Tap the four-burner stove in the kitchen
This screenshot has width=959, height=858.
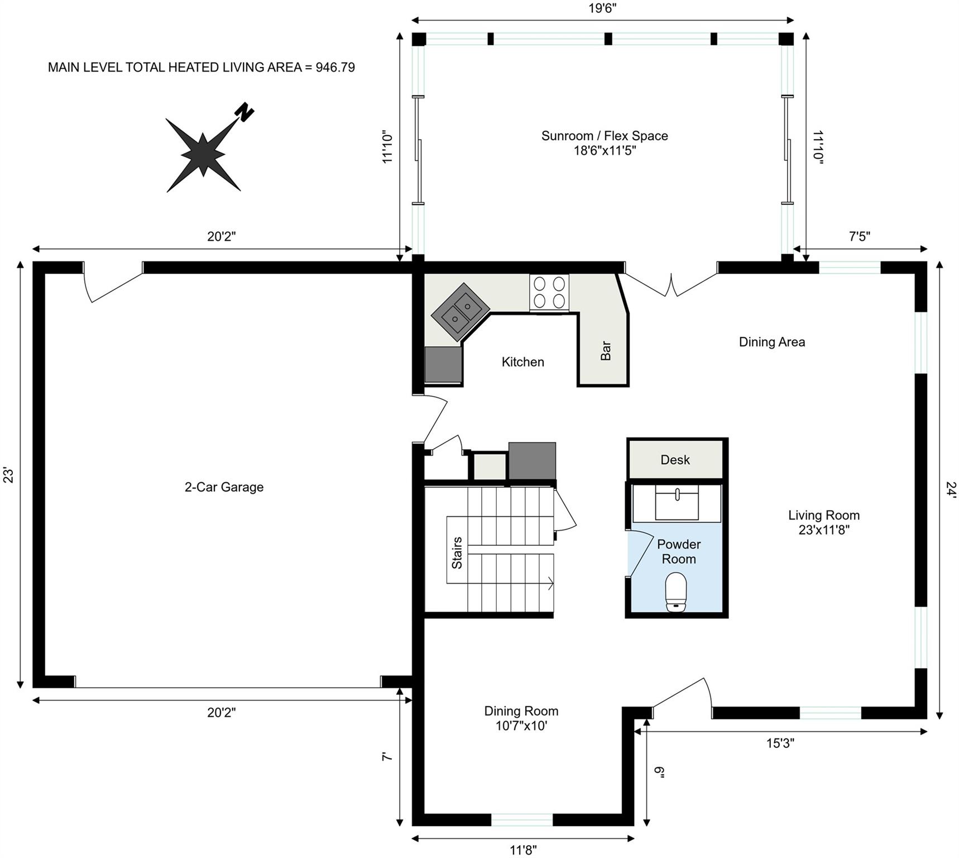click(x=549, y=292)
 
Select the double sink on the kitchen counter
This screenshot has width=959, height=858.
click(x=461, y=312)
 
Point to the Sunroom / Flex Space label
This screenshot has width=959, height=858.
click(x=605, y=143)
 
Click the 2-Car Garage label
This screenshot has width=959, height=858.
click(x=224, y=487)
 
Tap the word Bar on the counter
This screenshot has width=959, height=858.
click(x=606, y=351)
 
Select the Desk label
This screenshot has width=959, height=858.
click(x=675, y=460)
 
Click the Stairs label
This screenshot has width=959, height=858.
click(x=457, y=552)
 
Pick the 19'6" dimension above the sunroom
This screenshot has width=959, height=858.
click(x=602, y=8)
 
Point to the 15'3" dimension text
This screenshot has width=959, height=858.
click(x=780, y=743)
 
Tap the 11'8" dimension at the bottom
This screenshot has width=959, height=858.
click(x=523, y=850)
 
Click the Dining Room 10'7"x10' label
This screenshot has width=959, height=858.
click(x=521, y=718)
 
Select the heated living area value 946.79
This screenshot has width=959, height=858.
click(x=335, y=68)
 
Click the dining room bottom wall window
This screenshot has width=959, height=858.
click(x=522, y=819)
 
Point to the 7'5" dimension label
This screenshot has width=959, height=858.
click(x=859, y=236)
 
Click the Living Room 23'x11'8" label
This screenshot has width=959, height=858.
click(x=823, y=522)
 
